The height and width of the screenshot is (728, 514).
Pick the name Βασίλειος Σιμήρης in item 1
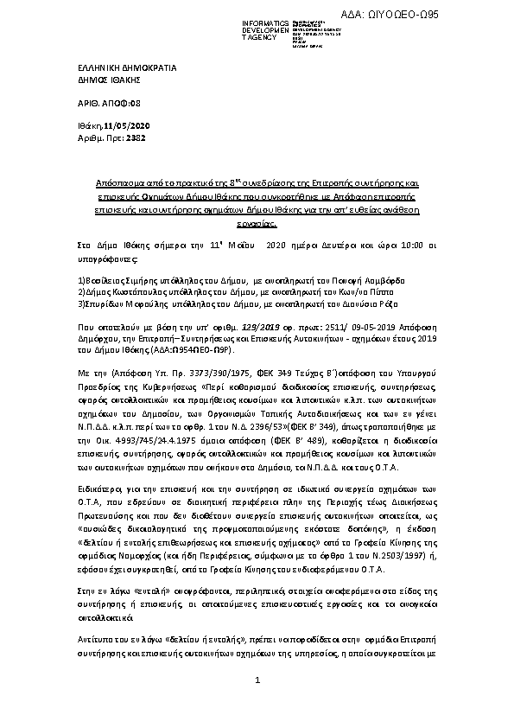click(x=111, y=281)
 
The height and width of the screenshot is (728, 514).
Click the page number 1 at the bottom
click(x=257, y=705)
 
